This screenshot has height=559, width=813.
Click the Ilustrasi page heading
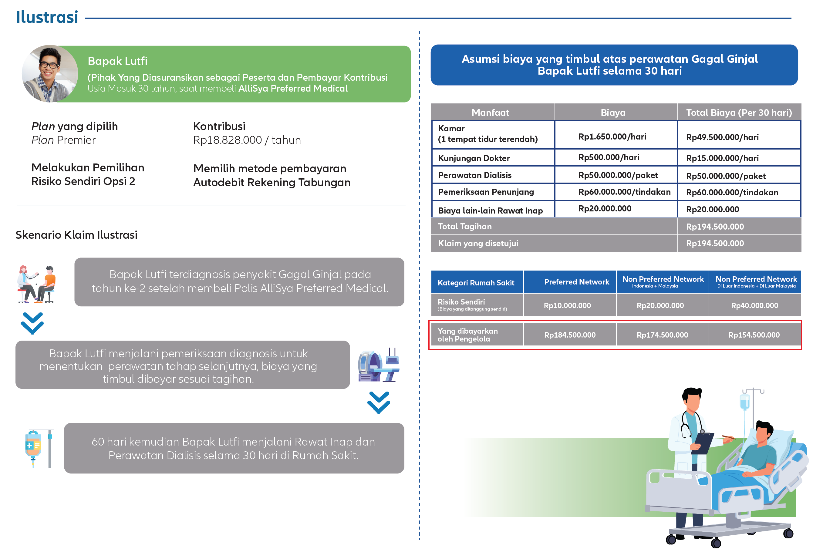pos(47,17)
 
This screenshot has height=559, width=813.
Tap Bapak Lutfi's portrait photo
pos(50,73)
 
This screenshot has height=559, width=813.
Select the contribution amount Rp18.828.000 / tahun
pos(247,140)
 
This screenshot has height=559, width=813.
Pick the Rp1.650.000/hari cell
pos(612,136)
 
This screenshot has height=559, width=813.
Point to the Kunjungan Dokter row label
pos(474,158)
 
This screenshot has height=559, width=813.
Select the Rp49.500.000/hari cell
pos(722,137)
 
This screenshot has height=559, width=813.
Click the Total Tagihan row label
pos(464,227)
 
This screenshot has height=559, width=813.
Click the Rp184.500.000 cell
pos(570,335)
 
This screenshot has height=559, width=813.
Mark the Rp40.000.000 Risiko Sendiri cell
pos(754,305)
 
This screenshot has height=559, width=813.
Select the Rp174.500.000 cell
pos(662,335)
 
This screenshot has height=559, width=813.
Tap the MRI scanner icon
pos(378,365)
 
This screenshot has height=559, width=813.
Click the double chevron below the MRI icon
pos(378,402)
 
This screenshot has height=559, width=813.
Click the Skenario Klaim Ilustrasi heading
pos(76,235)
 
